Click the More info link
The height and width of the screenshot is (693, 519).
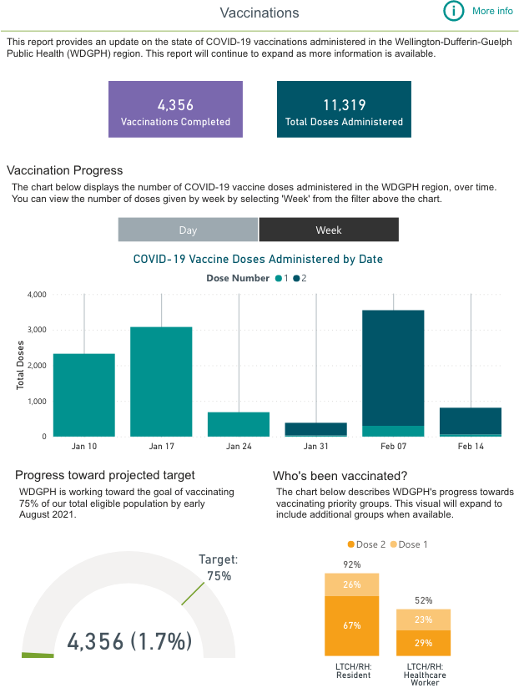(x=492, y=11)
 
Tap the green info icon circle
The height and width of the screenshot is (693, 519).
(x=453, y=11)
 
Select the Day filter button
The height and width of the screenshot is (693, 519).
(x=188, y=230)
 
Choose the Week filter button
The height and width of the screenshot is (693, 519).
(x=329, y=230)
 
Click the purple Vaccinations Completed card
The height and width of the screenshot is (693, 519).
(x=175, y=109)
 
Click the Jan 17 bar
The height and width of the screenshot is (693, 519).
(x=161, y=382)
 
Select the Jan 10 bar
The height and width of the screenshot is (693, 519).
(x=83, y=395)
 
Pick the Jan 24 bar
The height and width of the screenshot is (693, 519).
(x=239, y=424)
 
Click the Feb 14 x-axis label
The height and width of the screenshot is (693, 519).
(x=471, y=447)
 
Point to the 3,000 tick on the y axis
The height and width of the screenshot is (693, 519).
(x=36, y=331)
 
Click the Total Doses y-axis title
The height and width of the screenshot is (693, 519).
(x=21, y=366)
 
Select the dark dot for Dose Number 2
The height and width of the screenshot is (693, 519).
(x=295, y=279)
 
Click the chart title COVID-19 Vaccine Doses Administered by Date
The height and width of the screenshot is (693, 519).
(x=258, y=259)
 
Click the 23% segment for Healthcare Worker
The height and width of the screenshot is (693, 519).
(x=423, y=620)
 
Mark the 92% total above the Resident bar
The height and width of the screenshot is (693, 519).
(x=351, y=564)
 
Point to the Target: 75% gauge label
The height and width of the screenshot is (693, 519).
(x=219, y=568)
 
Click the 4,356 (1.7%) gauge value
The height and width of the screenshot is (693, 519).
(x=129, y=641)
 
